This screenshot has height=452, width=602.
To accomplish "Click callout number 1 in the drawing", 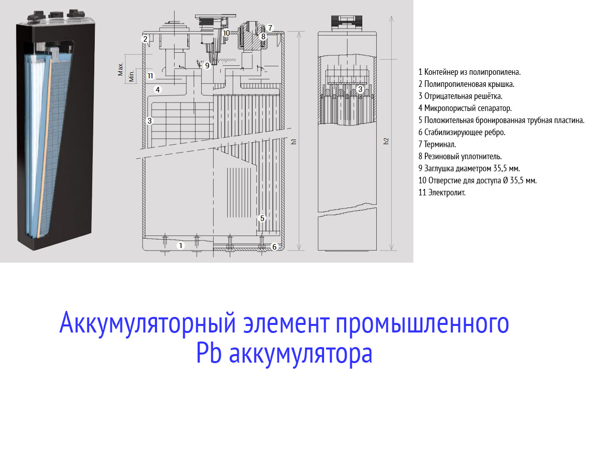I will point(181,246).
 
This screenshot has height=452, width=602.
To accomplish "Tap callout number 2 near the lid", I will point(145,38).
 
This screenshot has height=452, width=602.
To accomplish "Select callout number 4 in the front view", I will point(158,89).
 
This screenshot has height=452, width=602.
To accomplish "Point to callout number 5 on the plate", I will point(262,218).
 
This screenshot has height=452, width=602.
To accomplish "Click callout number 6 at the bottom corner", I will point(274,247).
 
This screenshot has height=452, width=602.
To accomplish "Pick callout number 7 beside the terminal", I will point(270,28).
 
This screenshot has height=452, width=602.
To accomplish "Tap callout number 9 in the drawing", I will point(207,65).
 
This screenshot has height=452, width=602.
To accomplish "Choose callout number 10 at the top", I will point(226,33).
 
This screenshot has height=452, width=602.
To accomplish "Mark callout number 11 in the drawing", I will point(150,76).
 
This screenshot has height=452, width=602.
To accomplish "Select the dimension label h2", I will point(386,141).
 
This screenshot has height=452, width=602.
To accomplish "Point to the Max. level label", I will point(120,69).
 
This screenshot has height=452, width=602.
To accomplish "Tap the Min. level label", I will point(131,76).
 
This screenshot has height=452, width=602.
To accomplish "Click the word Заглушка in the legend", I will point(439,168).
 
